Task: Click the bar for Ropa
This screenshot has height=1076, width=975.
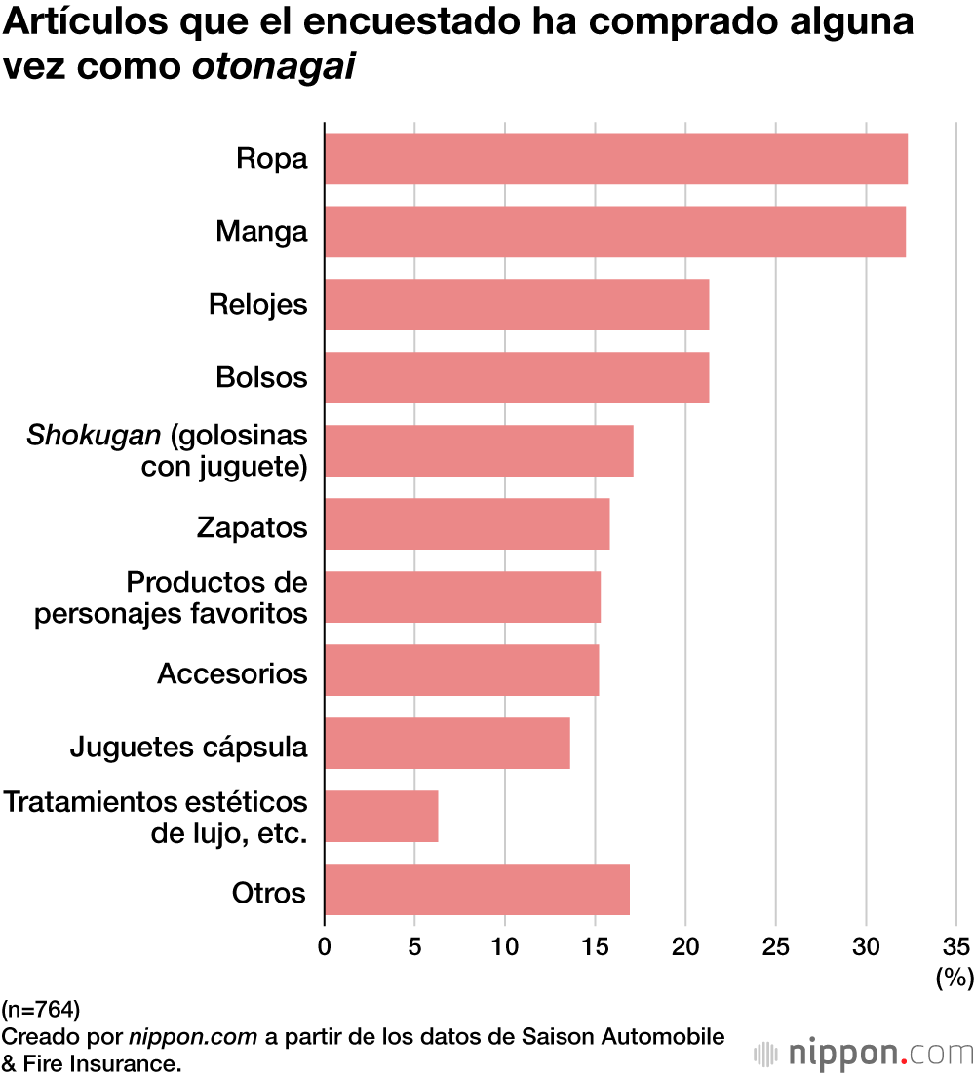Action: [615, 159]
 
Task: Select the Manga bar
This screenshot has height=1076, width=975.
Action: [614, 232]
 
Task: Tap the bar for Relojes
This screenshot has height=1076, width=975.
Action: [516, 305]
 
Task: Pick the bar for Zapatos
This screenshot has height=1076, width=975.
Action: [466, 524]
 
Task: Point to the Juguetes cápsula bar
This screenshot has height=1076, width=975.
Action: [447, 744]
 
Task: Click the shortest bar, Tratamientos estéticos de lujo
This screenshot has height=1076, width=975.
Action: [381, 817]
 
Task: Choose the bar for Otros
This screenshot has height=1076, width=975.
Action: [477, 890]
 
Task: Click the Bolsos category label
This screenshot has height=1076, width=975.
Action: [261, 378]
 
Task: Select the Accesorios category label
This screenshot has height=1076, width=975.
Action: [232, 673]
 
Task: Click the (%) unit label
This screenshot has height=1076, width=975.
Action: [955, 978]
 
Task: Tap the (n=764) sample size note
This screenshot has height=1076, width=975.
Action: [41, 1008]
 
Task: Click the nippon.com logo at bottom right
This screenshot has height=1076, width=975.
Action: [866, 1054]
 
